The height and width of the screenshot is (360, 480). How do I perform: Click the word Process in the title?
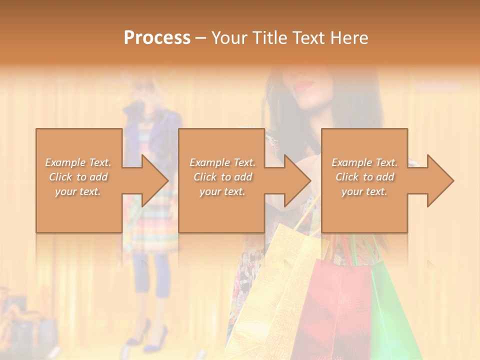pyautogui.click(x=157, y=37)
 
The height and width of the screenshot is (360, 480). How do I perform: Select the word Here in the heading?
pyautogui.click(x=349, y=37)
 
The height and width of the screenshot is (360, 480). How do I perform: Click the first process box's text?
pyautogui.click(x=78, y=177)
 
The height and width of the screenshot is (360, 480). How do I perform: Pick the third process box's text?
pyautogui.click(x=364, y=177)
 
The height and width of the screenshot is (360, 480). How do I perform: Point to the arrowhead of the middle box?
pyautogui.click(x=298, y=180)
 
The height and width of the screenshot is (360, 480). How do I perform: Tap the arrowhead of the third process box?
pyautogui.click(x=441, y=180)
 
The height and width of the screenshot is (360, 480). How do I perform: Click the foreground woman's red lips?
pyautogui.click(x=303, y=85)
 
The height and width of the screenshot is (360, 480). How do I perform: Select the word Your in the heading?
pyautogui.click(x=228, y=37)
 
